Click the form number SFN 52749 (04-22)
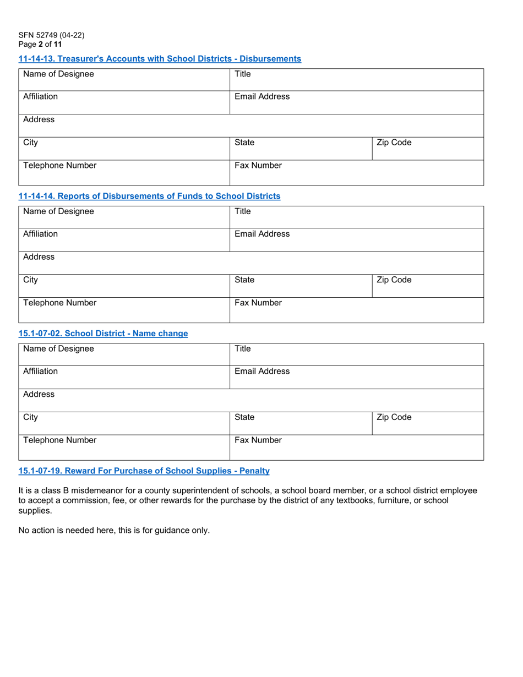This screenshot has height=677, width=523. click(51, 35)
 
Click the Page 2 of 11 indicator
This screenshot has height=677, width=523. click(40, 44)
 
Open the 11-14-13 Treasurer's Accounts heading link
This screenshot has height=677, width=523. click(160, 59)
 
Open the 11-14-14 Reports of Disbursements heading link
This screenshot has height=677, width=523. click(149, 196)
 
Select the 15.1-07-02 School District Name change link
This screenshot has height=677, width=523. click(103, 334)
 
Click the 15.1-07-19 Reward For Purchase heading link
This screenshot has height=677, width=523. click(144, 471)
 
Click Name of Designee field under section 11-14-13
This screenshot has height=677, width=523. click(124, 80)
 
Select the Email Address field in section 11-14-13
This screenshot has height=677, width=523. click(356, 102)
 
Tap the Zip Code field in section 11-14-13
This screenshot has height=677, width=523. click(428, 149)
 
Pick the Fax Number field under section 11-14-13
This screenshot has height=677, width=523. click(356, 172)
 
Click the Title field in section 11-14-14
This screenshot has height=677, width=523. click(356, 217)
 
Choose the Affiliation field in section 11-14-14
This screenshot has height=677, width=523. click(124, 240)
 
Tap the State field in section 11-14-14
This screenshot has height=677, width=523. click(301, 286)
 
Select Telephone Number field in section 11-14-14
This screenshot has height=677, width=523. click(124, 310)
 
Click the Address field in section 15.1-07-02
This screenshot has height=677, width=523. click(251, 400)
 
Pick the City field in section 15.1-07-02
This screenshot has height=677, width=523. click(124, 423)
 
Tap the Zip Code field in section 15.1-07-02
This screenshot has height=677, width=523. click(428, 423)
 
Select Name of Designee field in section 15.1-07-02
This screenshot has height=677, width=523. click(124, 355)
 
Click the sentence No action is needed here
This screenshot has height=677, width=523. click(114, 531)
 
